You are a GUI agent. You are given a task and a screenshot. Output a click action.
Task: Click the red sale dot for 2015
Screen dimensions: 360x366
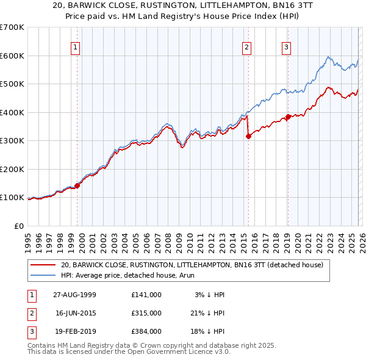tap(248, 137)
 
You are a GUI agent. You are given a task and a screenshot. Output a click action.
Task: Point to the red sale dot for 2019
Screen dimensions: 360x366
tap(288, 117)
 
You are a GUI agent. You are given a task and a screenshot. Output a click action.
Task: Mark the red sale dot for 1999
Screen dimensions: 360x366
tap(77, 185)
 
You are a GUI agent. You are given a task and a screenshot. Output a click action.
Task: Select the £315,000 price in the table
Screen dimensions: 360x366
tap(146, 312)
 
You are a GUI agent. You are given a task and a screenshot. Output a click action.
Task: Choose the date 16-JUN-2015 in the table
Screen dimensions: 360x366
tap(76, 312)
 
